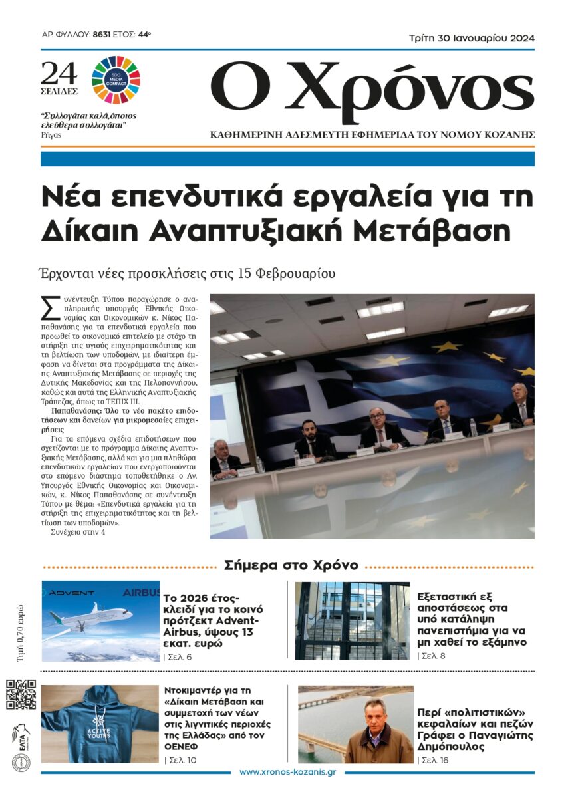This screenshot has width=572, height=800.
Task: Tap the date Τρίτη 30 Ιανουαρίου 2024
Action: pos(472,38)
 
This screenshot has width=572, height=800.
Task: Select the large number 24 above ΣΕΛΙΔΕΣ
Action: pos(59,72)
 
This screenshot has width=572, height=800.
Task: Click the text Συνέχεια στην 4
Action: pos(78,531)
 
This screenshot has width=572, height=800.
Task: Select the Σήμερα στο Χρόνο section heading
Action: pos(291,565)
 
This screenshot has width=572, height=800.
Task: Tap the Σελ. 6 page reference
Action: pos(178,657)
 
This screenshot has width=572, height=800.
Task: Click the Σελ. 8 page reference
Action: pos(432,656)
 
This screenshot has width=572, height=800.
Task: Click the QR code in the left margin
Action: pos(21,695)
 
